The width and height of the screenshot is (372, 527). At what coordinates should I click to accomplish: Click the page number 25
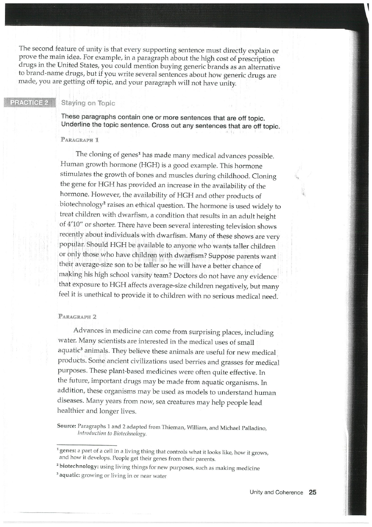(312, 492)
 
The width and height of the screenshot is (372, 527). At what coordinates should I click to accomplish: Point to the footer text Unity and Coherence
(276, 492)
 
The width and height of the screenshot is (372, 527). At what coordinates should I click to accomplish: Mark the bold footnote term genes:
(69, 453)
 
